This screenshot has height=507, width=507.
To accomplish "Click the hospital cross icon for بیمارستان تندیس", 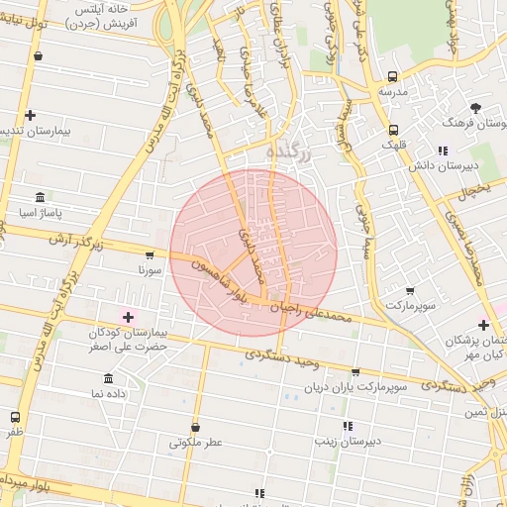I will pos(31,115).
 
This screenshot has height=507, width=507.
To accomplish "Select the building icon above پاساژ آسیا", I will pos(40,197).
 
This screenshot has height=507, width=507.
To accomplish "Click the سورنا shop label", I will pos(150,269).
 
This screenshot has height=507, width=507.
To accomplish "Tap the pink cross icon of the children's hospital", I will pos(127,316).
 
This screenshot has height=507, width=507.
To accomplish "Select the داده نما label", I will pos(109,394).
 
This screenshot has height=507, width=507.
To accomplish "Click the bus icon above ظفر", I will pos(15,417).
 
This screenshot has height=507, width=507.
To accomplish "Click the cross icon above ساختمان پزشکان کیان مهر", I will pos(483,325).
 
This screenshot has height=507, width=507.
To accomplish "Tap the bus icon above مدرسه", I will pos(393,76).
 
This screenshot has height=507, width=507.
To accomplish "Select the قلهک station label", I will pos(393,145).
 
